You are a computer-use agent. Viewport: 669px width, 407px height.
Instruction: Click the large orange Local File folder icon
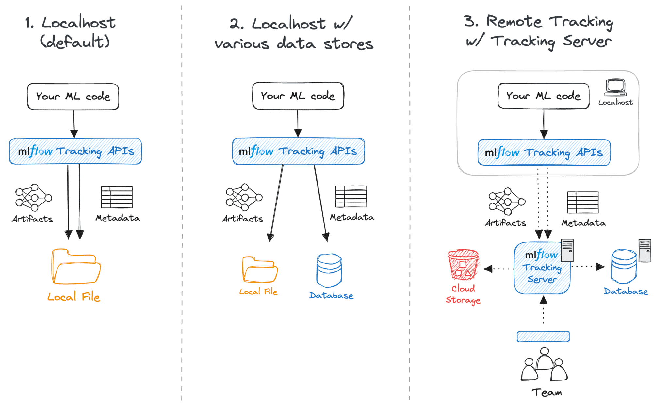tap(76, 267)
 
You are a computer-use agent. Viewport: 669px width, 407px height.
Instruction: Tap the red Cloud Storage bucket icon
tap(463, 265)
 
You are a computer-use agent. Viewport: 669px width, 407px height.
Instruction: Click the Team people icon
tap(544, 365)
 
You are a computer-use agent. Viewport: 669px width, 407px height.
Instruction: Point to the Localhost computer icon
tap(615, 87)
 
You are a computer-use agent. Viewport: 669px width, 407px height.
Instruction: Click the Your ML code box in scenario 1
tap(73, 97)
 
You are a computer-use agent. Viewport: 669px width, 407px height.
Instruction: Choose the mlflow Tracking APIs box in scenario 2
tap(298, 151)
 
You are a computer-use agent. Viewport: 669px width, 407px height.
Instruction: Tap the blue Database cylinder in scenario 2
tap(329, 270)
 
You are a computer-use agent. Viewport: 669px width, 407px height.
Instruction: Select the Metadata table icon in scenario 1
tap(117, 197)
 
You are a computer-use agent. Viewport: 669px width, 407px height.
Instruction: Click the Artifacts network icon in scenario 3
tap(506, 201)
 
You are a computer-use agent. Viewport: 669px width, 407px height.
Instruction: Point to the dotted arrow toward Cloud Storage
tap(498, 269)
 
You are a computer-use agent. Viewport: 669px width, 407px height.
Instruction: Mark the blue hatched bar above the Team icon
tap(543, 336)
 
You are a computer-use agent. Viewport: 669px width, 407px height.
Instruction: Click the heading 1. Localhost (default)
tap(70, 32)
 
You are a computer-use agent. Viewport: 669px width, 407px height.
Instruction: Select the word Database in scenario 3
tap(626, 291)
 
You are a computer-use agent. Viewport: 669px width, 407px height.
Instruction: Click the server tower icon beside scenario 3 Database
tap(645, 251)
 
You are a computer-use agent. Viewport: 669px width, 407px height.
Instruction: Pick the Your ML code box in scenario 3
tap(543, 96)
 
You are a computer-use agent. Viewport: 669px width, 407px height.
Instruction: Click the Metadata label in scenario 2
tap(352, 217)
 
